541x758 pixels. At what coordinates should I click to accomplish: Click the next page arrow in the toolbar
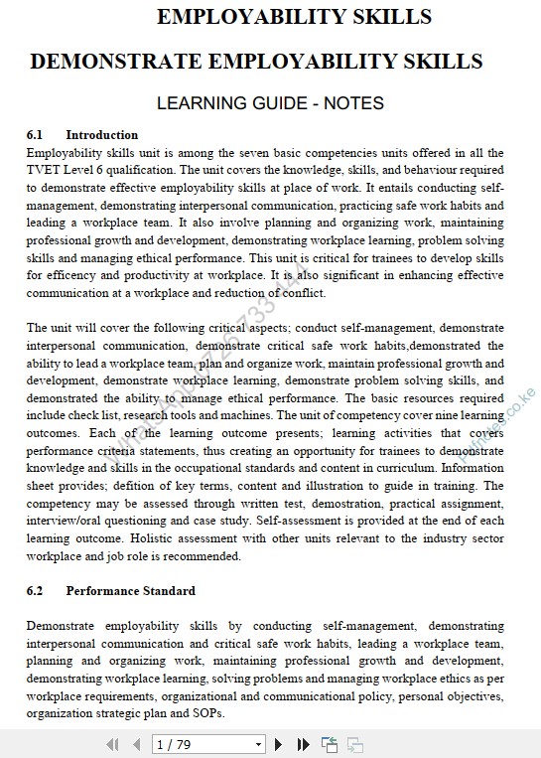click(279, 744)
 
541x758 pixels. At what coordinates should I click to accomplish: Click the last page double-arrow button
click(304, 744)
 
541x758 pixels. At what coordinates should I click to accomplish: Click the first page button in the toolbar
click(111, 744)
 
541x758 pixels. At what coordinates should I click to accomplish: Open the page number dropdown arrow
click(259, 744)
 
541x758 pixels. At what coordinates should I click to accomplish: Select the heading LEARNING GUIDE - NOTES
click(270, 103)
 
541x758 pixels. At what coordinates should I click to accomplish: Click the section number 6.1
click(35, 135)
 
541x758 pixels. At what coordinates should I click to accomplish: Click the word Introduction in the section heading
click(102, 135)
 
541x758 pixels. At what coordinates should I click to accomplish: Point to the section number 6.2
click(35, 591)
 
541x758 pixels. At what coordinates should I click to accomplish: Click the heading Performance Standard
click(130, 591)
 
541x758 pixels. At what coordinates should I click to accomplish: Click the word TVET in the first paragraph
click(44, 170)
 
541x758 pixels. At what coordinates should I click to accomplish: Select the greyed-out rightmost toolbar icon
click(354, 744)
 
